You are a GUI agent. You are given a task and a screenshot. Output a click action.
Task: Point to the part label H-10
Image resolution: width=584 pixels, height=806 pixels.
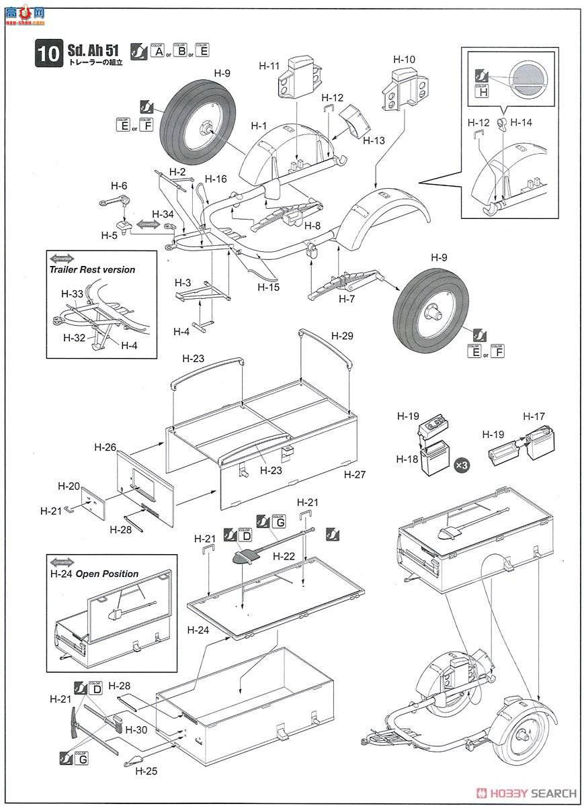tap(404, 59)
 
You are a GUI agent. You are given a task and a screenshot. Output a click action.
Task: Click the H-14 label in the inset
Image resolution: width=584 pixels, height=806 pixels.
tap(521, 122)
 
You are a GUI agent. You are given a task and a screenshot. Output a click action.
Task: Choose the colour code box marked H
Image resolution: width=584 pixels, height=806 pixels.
tap(481, 92)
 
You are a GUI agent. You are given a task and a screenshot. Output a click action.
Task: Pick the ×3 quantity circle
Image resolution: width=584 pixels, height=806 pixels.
tap(462, 465)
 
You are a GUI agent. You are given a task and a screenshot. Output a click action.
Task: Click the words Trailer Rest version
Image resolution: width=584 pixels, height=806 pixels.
tap(91, 269)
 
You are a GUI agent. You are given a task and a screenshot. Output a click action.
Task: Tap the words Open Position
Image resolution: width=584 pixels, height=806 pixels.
tap(107, 574)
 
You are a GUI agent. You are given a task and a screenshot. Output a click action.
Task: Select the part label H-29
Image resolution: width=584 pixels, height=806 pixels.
tap(341, 335)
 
